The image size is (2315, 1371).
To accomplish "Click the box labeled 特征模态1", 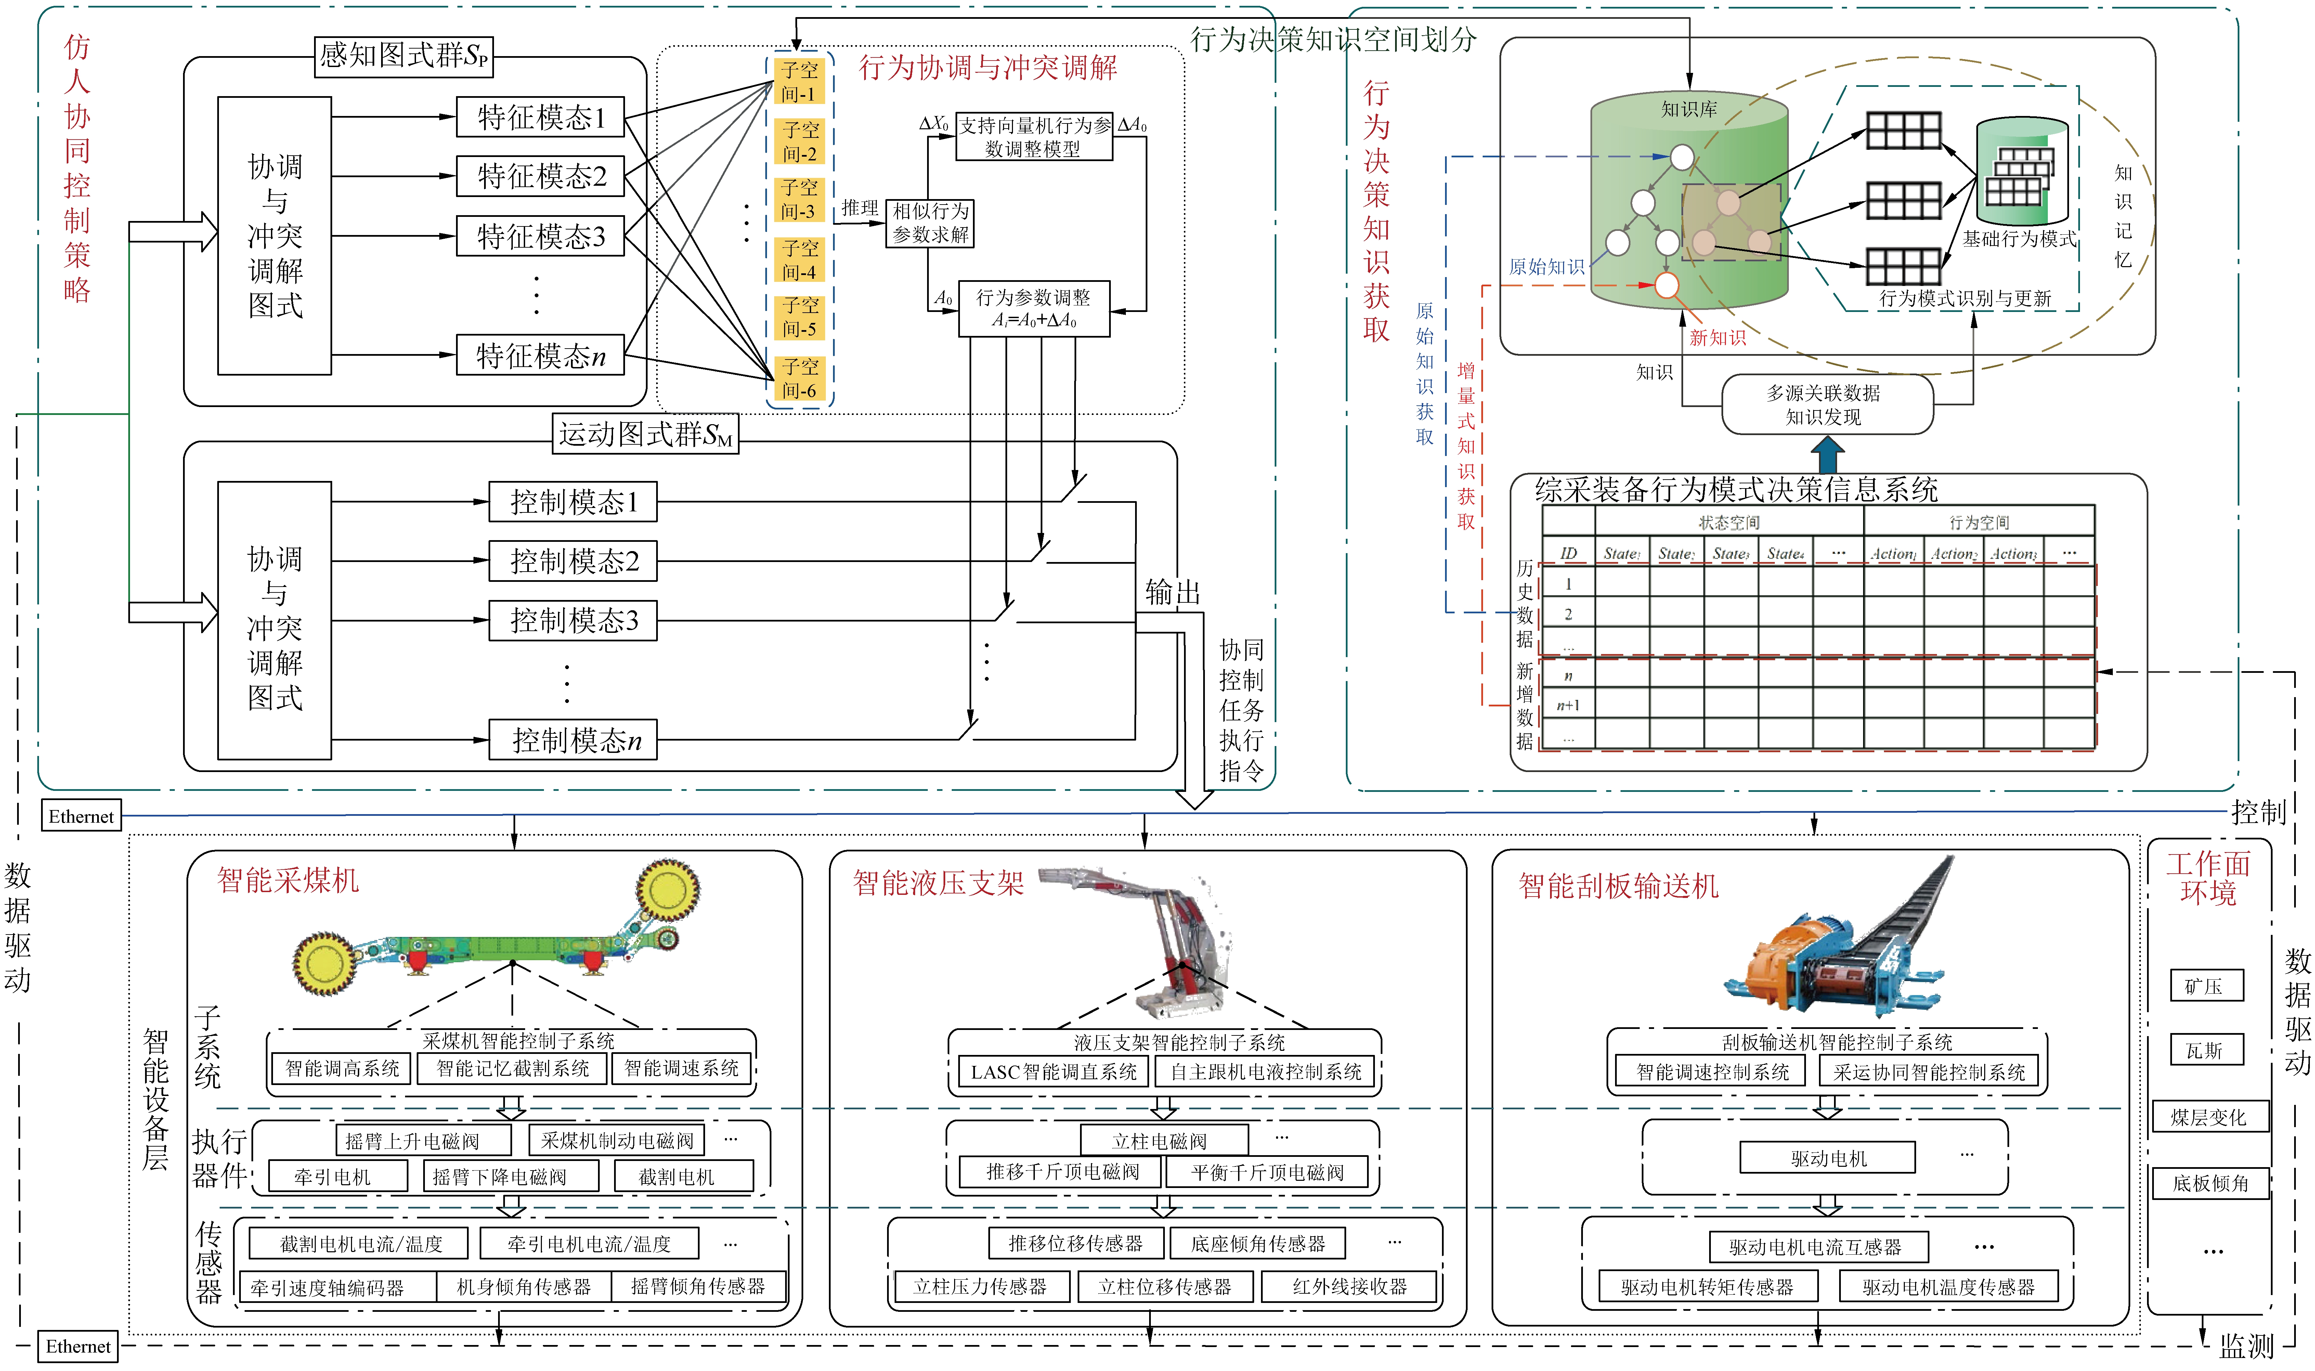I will pos(541,117).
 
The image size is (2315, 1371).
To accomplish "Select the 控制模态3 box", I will pos(573,620).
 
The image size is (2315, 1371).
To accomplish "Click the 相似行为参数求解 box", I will pos(930,224).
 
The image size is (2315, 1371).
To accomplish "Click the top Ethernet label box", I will pos(81,816).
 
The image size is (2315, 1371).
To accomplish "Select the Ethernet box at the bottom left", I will pos(79,1346).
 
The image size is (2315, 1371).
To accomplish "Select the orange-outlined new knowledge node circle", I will pos(1666,286).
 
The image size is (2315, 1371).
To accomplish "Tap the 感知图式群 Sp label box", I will pos(404,56).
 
